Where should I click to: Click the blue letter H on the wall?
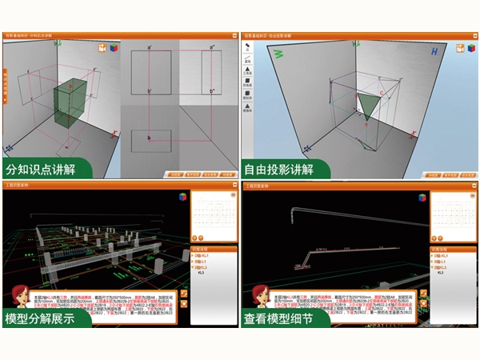pyautogui.click(x=434, y=52)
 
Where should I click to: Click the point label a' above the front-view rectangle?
pyautogui.click(x=149, y=47)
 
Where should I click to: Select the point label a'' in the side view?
pyautogui.click(x=213, y=47)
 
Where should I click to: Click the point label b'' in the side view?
pyautogui.click(x=213, y=92)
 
